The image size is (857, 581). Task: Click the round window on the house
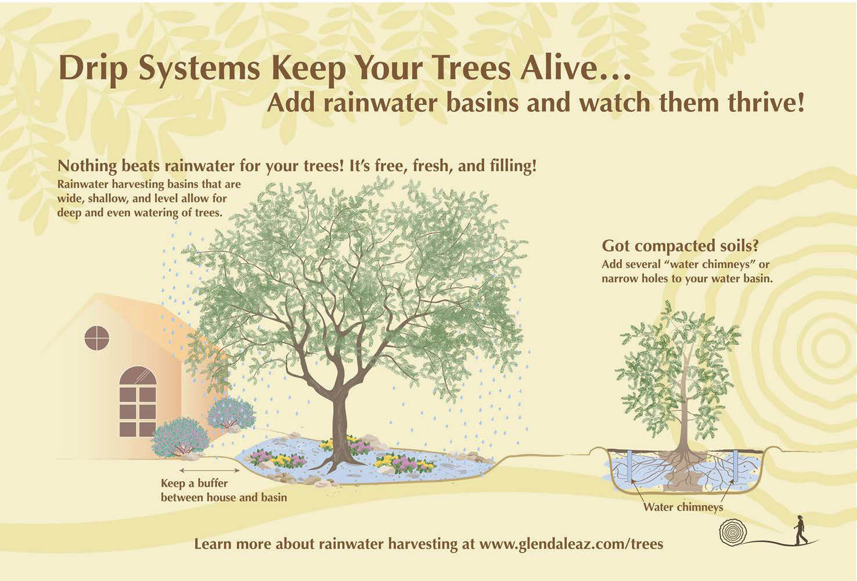coord(97,338)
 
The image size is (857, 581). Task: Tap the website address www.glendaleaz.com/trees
coord(571,544)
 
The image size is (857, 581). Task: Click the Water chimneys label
coord(683,507)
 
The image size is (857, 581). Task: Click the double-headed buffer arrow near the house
coord(209,471)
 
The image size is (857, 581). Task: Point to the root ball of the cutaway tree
coord(683,472)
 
